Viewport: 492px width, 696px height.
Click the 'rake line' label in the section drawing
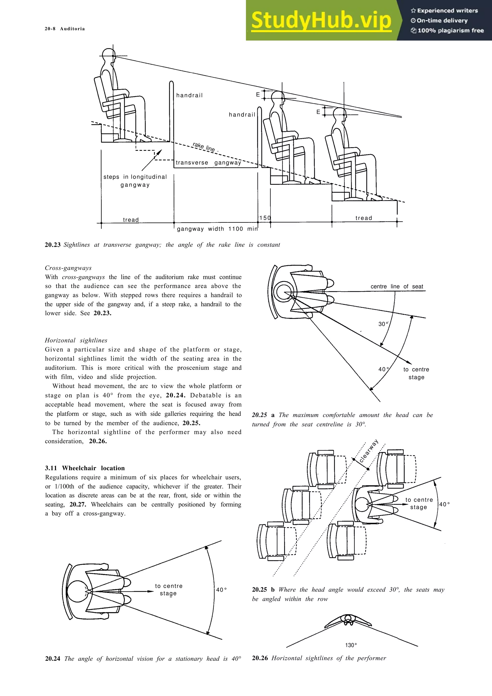click(x=204, y=147)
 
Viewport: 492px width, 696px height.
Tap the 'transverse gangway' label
click(x=208, y=163)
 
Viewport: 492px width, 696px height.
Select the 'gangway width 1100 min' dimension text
click(x=217, y=229)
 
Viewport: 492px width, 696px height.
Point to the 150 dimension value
click(x=265, y=218)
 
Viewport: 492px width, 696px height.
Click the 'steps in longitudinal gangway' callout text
click(x=135, y=181)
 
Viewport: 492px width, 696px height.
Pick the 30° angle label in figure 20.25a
click(x=383, y=324)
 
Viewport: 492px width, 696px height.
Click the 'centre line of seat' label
click(x=397, y=287)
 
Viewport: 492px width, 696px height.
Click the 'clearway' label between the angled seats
click(x=369, y=451)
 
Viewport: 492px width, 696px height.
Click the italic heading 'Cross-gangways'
click(x=68, y=268)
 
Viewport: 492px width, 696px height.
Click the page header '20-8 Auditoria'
click(x=65, y=29)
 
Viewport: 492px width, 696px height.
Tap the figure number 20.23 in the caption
click(x=53, y=245)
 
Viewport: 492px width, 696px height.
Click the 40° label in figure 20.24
click(x=221, y=590)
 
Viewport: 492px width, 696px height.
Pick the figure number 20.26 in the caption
click(x=260, y=658)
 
